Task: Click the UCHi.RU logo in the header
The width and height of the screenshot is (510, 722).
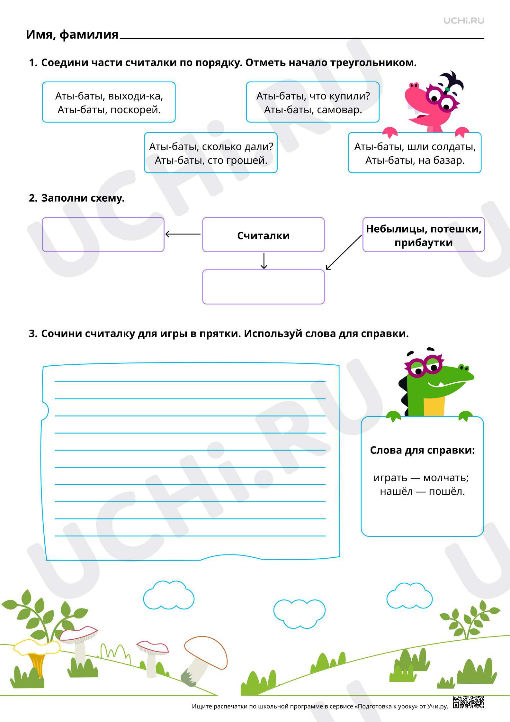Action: point(464,21)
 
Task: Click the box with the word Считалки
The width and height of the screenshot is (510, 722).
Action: point(263,234)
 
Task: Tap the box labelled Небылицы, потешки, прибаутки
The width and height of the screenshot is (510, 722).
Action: point(424,234)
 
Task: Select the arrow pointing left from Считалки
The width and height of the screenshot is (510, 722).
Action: point(183,234)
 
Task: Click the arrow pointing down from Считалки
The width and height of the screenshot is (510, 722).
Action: point(264,261)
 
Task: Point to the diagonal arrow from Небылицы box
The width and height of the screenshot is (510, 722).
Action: point(344,252)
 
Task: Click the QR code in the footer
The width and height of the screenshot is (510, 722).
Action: point(469,702)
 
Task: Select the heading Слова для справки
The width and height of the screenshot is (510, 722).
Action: point(422,450)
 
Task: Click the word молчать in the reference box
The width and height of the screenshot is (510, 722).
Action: point(446,478)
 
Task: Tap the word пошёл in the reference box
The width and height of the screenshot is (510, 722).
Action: point(447,492)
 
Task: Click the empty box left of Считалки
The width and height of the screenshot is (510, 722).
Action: point(103,234)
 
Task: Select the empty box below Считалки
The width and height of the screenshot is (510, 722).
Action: point(263,287)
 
